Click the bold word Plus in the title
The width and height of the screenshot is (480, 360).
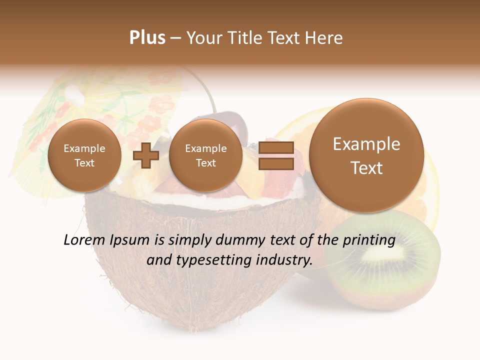[x=147, y=38]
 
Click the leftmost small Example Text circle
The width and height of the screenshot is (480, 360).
[x=84, y=155]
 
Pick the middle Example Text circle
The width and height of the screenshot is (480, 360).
[x=205, y=155]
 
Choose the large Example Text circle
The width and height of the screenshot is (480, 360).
[x=366, y=155]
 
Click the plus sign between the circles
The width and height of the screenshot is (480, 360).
[x=145, y=156]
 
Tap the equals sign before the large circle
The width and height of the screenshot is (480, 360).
[x=275, y=155]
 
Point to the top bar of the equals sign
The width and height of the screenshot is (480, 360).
[x=275, y=147]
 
